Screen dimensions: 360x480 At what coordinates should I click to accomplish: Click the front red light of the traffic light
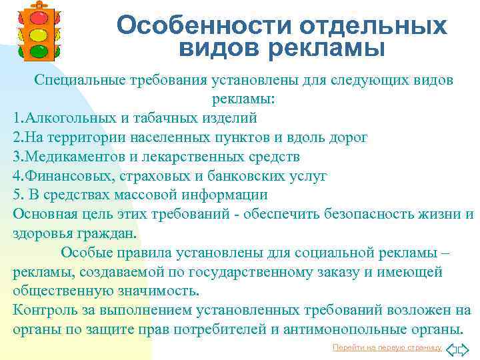pos(38,17)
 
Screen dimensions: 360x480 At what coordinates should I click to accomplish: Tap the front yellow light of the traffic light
pos(38,33)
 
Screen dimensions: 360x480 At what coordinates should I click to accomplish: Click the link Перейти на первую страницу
pos(387,348)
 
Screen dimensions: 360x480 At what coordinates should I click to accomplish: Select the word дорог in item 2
pos(347,137)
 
